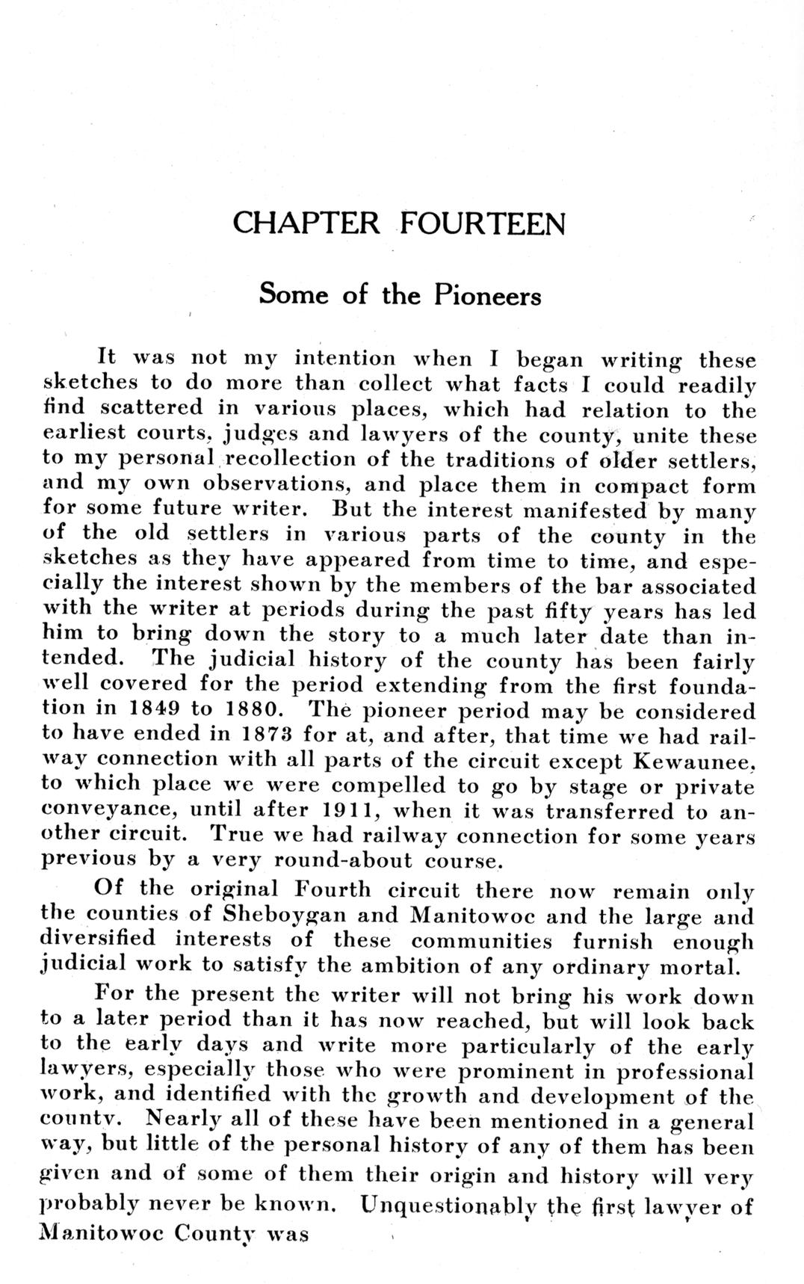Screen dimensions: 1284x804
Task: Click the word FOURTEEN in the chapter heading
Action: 482,223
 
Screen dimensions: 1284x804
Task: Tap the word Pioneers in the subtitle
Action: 487,295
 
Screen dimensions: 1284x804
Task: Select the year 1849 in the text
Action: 163,709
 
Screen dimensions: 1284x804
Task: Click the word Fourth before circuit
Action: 333,889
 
